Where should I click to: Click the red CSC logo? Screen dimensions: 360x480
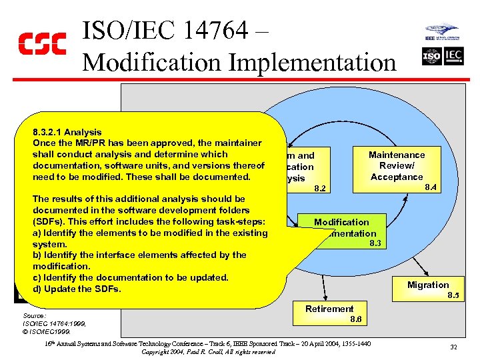tap(41, 44)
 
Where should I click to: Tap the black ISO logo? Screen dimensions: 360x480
tap(432, 57)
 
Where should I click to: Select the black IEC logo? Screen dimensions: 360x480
tap(453, 57)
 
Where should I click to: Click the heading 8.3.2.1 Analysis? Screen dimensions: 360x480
tap(67, 132)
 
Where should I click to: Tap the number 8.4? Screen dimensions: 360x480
tap(431, 188)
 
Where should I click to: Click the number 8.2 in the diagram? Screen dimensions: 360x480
tap(321, 189)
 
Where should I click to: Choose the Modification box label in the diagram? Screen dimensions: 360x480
tap(341, 222)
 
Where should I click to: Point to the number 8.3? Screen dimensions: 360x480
tap(375, 244)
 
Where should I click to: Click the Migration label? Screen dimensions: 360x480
tap(428, 285)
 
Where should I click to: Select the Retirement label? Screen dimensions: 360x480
tap(329, 309)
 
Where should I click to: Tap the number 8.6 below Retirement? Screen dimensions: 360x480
tap(356, 320)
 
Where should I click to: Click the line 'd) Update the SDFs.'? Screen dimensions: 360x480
tap(77, 289)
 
